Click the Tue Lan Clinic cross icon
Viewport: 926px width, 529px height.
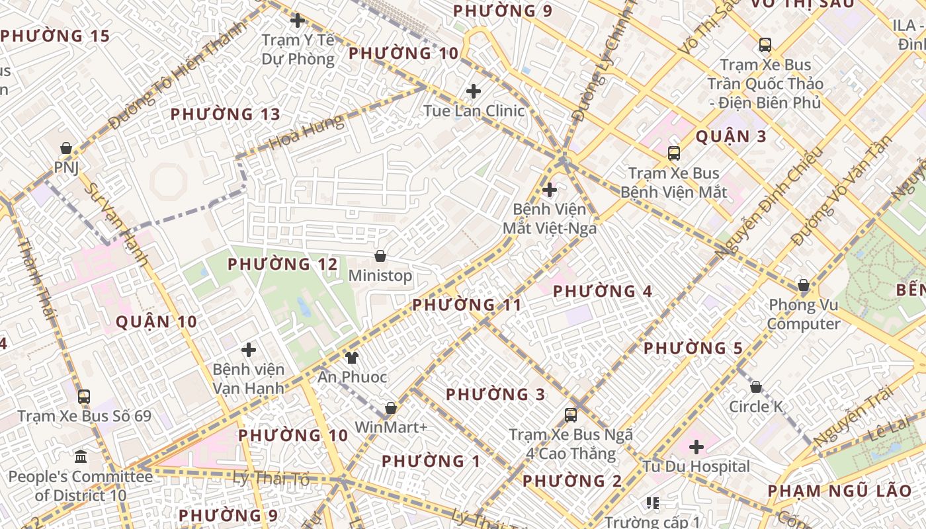click(474, 91)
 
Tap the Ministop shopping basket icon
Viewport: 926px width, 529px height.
click(380, 256)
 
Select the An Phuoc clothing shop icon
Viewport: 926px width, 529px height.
click(351, 358)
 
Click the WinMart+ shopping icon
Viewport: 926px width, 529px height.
click(391, 408)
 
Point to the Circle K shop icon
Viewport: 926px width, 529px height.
click(756, 387)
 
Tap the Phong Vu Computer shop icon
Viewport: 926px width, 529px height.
click(804, 286)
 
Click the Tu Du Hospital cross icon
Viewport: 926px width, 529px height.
click(696, 447)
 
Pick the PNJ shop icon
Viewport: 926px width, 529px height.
click(66, 148)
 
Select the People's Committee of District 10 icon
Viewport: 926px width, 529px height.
click(81, 456)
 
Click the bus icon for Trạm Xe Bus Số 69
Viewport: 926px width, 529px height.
click(84, 397)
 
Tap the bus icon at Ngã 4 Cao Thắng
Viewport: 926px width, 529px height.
click(571, 415)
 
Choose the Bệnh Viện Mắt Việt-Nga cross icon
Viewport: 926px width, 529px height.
click(550, 190)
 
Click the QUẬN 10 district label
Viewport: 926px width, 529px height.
click(156, 322)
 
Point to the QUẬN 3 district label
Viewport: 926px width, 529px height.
click(730, 137)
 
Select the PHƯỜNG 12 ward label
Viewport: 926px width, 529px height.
click(282, 264)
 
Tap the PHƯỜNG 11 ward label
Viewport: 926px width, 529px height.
click(467, 305)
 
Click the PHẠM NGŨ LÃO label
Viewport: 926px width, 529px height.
click(839, 491)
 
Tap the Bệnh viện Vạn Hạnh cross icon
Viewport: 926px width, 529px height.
click(249, 349)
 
